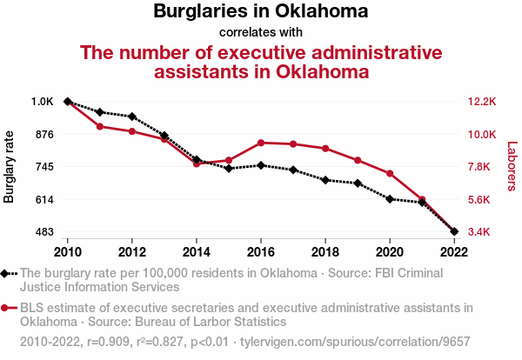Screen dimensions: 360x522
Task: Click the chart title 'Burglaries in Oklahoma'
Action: [260, 12]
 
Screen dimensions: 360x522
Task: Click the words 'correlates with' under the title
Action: [260, 33]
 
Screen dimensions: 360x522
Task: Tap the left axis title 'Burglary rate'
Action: [10, 166]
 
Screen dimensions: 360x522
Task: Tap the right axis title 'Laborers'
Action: [512, 166]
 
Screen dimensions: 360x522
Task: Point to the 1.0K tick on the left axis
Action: [43, 102]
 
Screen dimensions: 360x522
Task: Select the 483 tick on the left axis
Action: [44, 232]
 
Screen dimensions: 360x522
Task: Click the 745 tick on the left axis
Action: [44, 167]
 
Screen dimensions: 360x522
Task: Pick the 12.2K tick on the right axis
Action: [481, 102]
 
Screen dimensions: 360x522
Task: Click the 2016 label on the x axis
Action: [261, 251]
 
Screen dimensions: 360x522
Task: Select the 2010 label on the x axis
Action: [68, 251]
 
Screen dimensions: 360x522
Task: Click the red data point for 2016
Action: [261, 143]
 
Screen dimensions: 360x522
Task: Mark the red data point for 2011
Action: [100, 126]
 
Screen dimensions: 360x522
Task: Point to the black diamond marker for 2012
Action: [132, 117]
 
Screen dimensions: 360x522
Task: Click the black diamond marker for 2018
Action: [325, 180]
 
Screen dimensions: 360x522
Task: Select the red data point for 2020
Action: [390, 174]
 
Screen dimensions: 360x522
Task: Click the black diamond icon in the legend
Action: [6, 273]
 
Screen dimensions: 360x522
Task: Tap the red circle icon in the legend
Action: [6, 307]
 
